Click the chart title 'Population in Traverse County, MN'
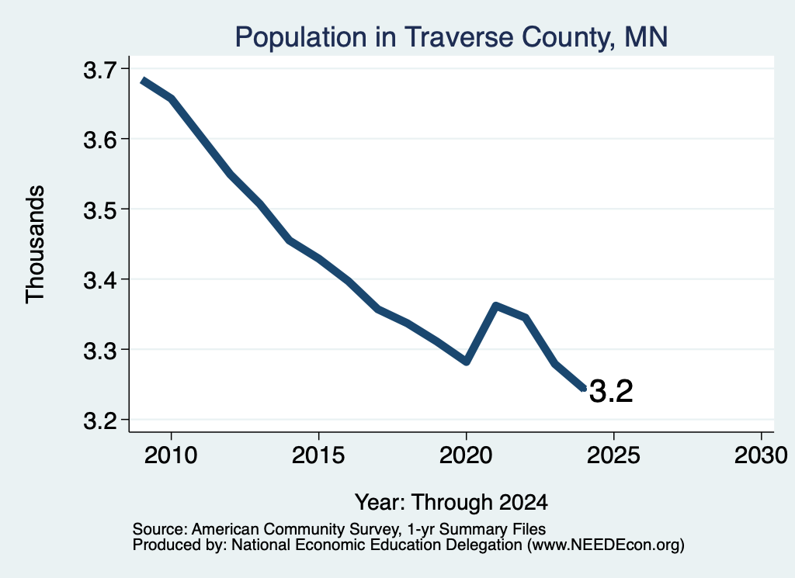451,37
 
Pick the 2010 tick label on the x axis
171,455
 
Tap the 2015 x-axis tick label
318,455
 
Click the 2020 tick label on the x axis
466,455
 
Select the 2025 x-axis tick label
613,455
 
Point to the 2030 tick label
761,455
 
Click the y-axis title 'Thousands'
36,244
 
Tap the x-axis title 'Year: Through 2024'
451,502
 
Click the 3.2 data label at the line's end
612,391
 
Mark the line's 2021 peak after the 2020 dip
496,306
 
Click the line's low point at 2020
467,362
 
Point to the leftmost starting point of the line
143,81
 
